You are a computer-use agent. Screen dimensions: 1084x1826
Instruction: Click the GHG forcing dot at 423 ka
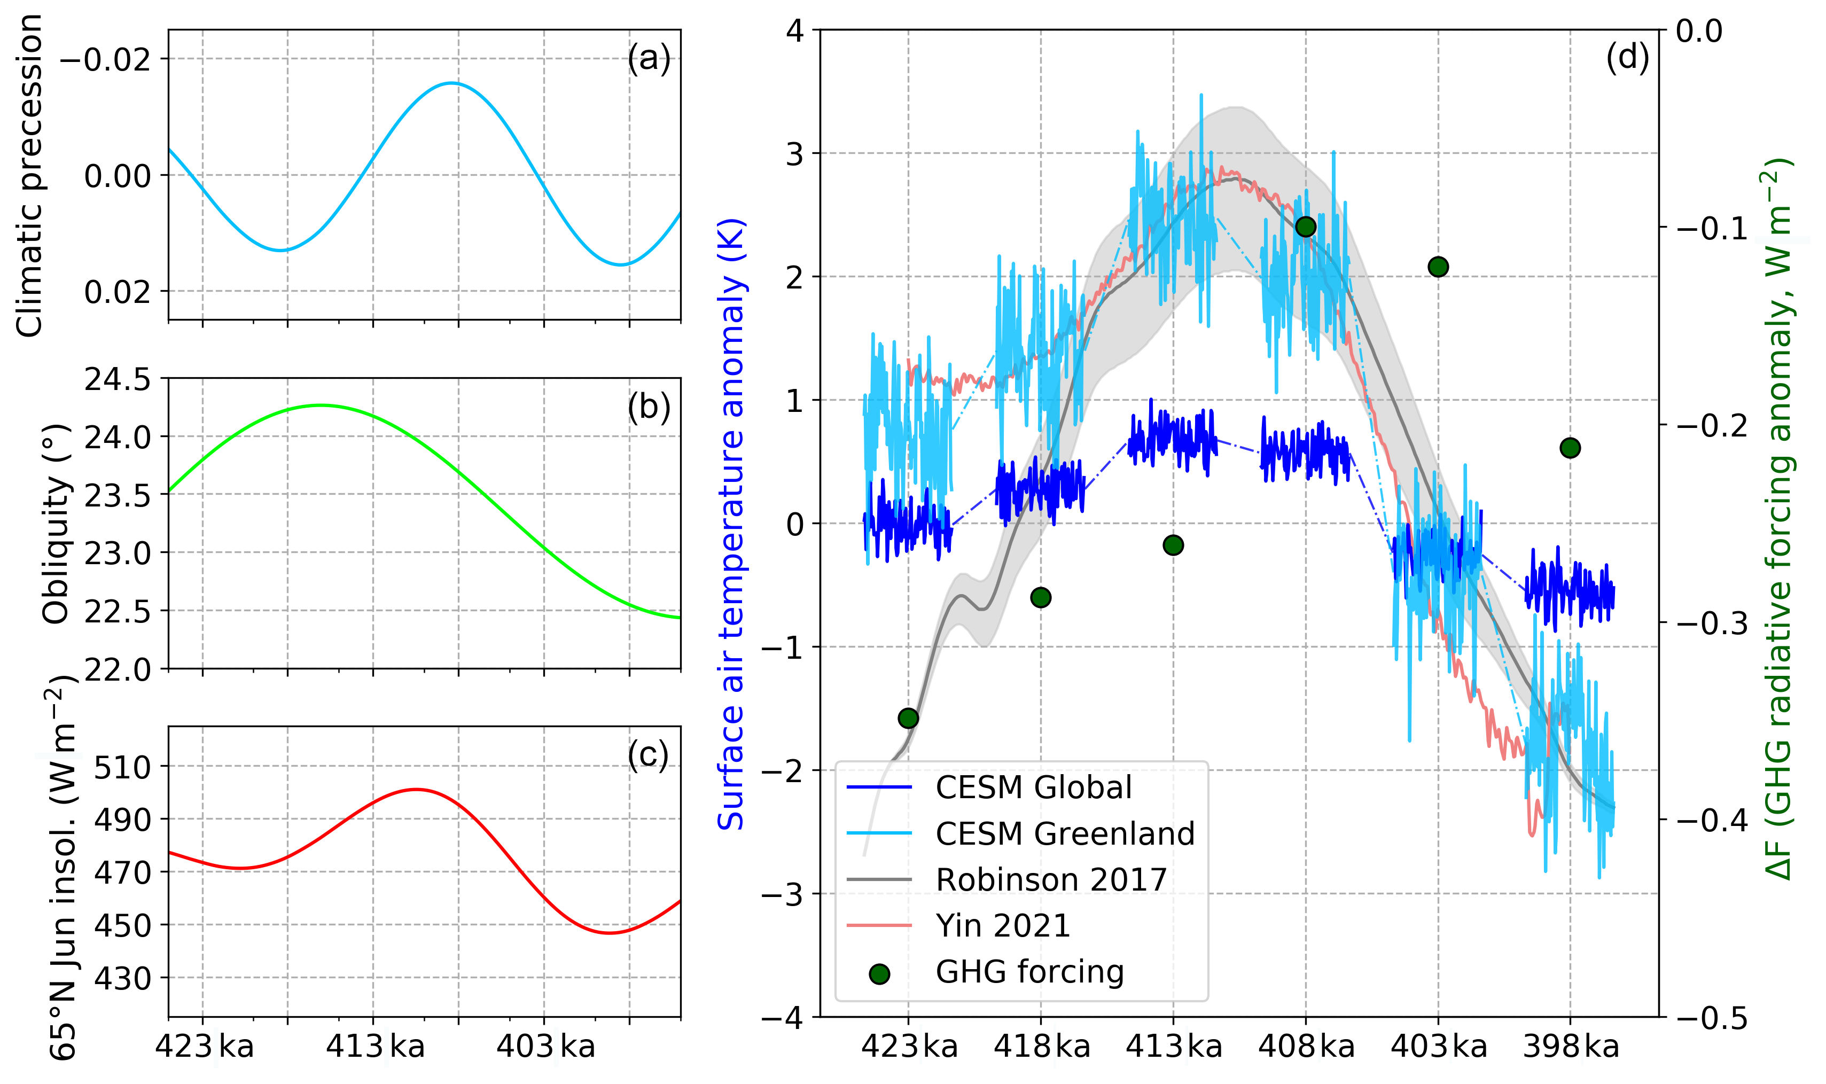[908, 718]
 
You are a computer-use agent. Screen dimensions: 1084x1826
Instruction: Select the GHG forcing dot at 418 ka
[1041, 597]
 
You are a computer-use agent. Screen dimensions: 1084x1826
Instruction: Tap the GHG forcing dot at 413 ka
[1173, 545]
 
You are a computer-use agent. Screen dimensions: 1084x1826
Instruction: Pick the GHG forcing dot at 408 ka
[1306, 227]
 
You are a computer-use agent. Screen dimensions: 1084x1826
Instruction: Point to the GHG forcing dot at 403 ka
[1438, 267]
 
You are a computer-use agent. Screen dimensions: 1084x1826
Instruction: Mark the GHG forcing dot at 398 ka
[1570, 448]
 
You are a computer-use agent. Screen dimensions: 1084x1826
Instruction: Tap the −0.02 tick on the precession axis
[106, 59]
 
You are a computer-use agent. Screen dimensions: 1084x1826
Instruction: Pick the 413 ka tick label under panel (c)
[374, 1047]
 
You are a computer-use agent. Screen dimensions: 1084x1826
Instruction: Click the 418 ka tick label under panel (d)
[1042, 1047]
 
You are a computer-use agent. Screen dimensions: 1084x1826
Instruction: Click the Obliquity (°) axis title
[56, 523]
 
